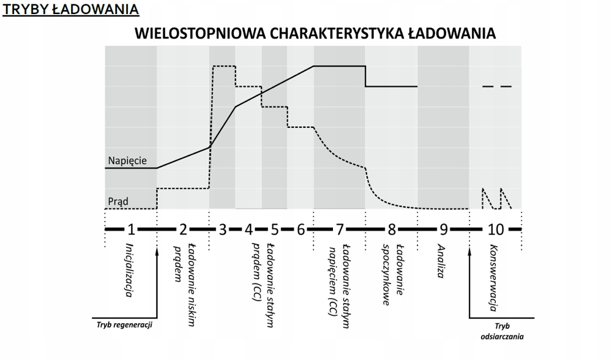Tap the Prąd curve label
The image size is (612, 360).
pyautogui.click(x=118, y=200)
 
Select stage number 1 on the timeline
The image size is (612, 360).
pyautogui.click(x=131, y=230)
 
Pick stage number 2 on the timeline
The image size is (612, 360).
pyautogui.click(x=183, y=230)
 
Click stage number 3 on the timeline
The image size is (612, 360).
pyautogui.click(x=223, y=230)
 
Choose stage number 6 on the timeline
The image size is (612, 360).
pyautogui.click(x=300, y=230)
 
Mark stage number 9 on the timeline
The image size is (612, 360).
pyautogui.click(x=444, y=230)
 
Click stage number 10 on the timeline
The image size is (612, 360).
pyautogui.click(x=496, y=230)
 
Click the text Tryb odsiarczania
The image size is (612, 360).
pyautogui.click(x=502, y=331)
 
